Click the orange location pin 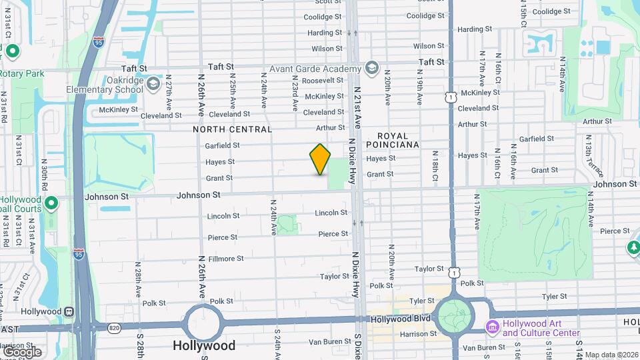[x=320, y=159]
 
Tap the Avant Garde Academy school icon [x=371, y=68]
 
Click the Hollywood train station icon [x=68, y=311]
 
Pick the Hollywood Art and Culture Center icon [x=493, y=327]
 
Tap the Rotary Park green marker [x=12, y=51]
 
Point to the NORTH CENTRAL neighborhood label [x=233, y=129]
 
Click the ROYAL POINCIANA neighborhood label [x=393, y=139]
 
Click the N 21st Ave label [x=357, y=107]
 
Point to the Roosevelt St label [x=322, y=81]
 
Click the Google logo [x=22, y=351]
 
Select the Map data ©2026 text [x=611, y=355]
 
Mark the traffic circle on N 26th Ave [x=203, y=323]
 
